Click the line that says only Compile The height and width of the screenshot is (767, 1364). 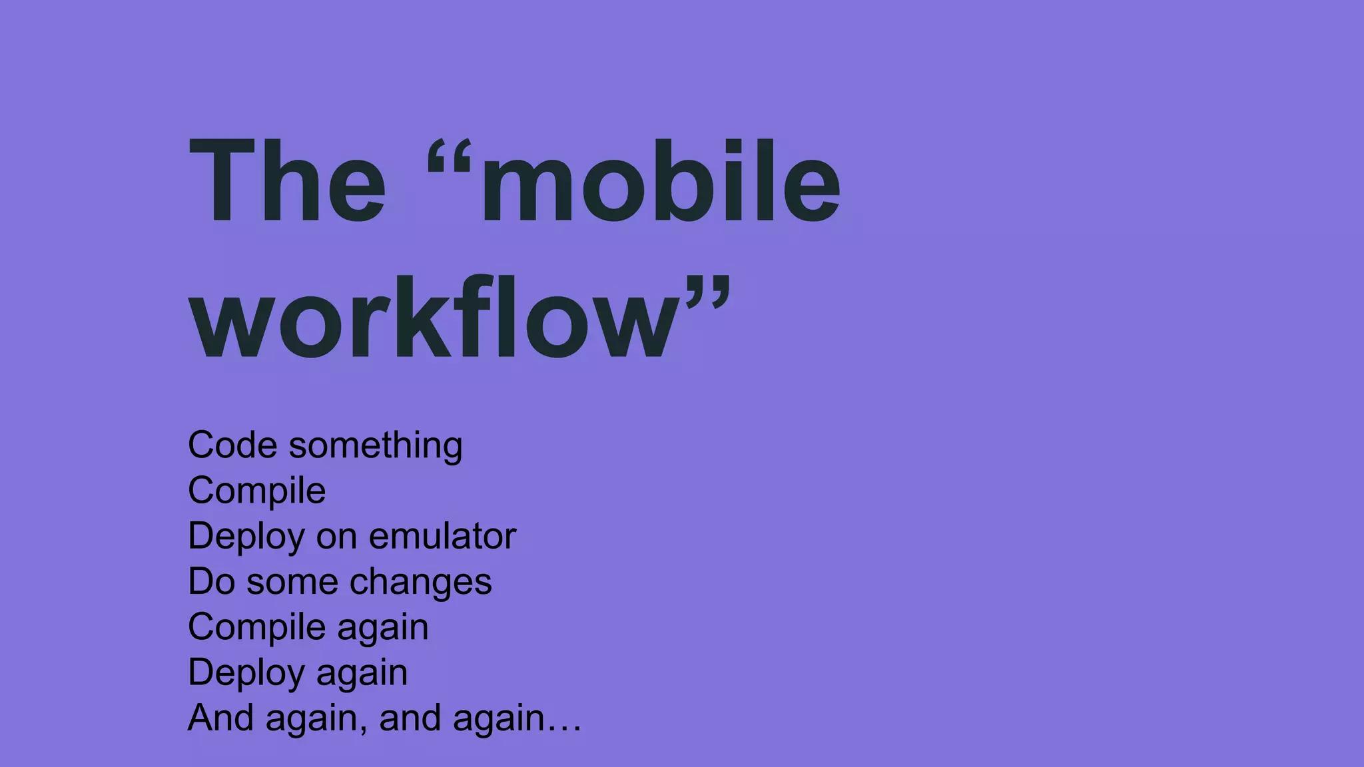[256, 491]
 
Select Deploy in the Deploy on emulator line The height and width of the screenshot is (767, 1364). [246, 537]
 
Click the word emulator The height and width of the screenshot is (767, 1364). [442, 536]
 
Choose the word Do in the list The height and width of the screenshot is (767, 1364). [212, 581]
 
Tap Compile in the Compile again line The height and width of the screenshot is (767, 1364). [256, 627]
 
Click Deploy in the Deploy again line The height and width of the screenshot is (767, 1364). [246, 672]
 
